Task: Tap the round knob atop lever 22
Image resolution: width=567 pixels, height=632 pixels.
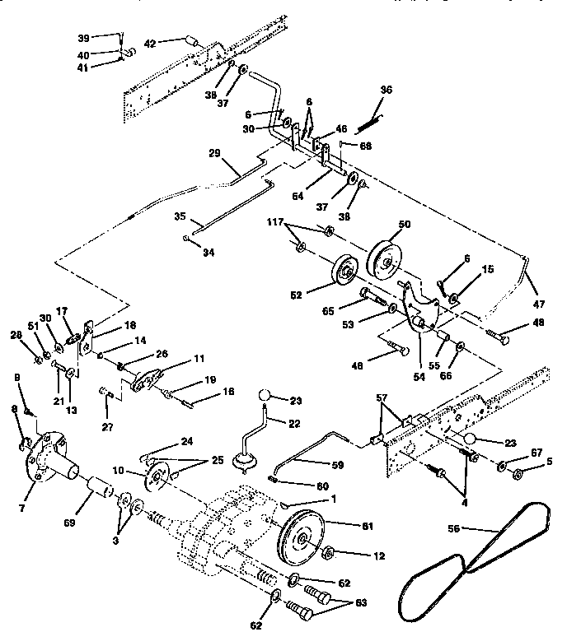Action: point(265,397)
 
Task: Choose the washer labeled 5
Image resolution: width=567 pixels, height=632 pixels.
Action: point(518,475)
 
